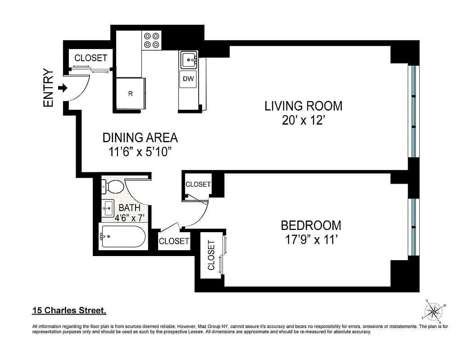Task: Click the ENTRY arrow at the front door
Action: point(63,88)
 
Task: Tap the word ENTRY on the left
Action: point(48,88)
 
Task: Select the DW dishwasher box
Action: point(188,80)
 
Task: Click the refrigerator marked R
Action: point(130,94)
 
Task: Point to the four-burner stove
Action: point(152,40)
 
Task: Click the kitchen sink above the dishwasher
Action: point(188,59)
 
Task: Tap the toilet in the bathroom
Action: point(113,186)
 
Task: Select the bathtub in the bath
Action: point(123,236)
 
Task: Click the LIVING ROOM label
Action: point(303,106)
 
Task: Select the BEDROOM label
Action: point(311,225)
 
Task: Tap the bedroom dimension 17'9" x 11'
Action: point(311,239)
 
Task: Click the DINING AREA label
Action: point(140,138)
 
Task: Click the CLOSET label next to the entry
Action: point(91,58)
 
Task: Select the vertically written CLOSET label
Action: point(211,256)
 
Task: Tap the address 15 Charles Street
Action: point(69,310)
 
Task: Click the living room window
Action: point(413,111)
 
